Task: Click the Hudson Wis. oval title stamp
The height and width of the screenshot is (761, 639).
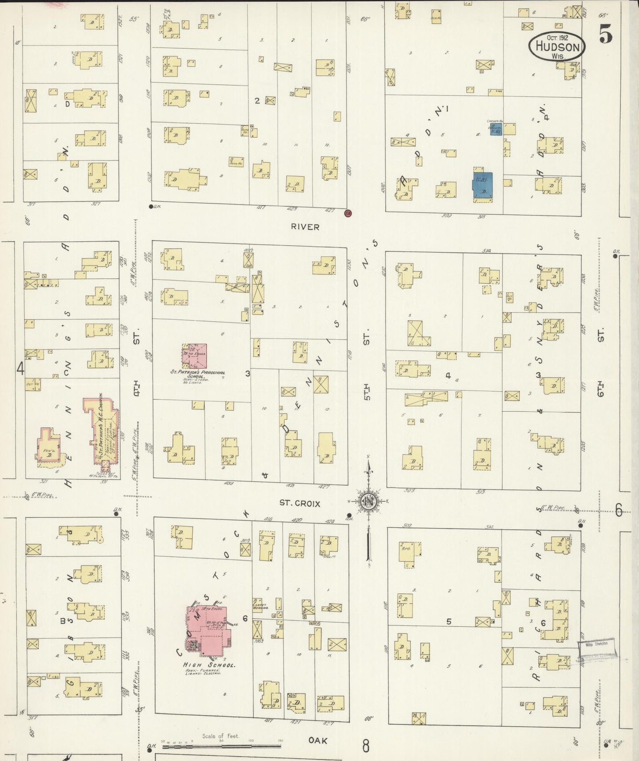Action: [x=557, y=46]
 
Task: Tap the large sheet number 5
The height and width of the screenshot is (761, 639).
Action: [x=606, y=34]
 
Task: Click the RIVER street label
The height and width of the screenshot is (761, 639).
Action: [x=305, y=227]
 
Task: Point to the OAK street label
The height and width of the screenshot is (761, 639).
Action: [x=318, y=740]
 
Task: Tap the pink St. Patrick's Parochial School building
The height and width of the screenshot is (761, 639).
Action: [x=195, y=356]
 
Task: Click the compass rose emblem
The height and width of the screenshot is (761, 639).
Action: [x=368, y=501]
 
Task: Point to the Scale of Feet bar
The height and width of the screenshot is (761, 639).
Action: [x=221, y=746]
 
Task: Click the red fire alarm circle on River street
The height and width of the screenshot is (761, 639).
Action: [x=348, y=213]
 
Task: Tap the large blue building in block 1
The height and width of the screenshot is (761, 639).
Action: [x=482, y=185]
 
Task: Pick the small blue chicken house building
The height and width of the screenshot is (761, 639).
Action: [x=495, y=129]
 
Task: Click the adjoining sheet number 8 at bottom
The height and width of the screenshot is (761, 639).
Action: [x=366, y=746]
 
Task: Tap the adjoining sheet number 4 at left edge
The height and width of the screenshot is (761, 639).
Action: [x=20, y=367]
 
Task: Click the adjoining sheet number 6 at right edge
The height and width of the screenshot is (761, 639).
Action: [x=618, y=510]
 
